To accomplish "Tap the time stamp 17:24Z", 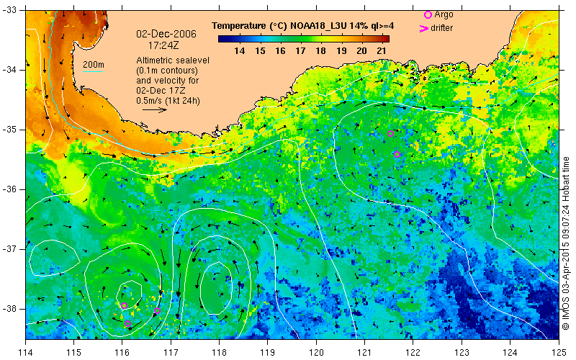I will pyautogui.click(x=168, y=45).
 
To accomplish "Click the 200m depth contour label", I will pyautogui.click(x=94, y=66).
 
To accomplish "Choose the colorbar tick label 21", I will pyautogui.click(x=382, y=51).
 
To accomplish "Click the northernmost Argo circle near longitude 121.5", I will pyautogui.click(x=391, y=134).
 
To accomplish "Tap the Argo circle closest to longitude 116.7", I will pyautogui.click(x=157, y=311).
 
